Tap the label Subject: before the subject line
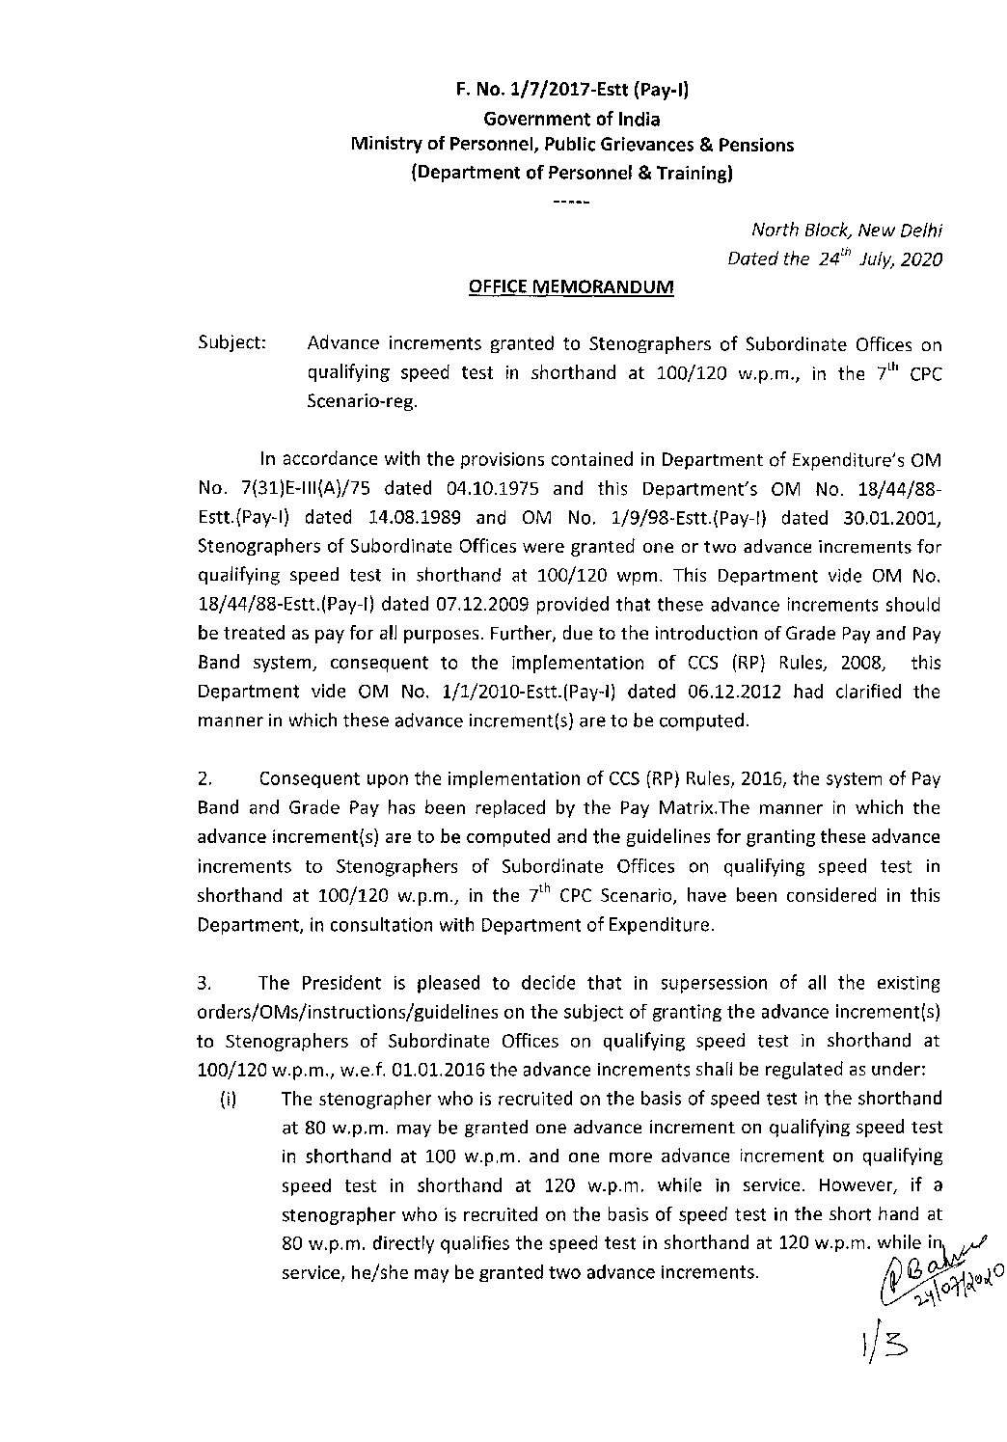[x=231, y=344]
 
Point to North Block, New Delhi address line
[x=846, y=231]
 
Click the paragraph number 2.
[x=204, y=777]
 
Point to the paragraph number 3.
[x=204, y=983]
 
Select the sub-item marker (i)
[x=230, y=1099]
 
